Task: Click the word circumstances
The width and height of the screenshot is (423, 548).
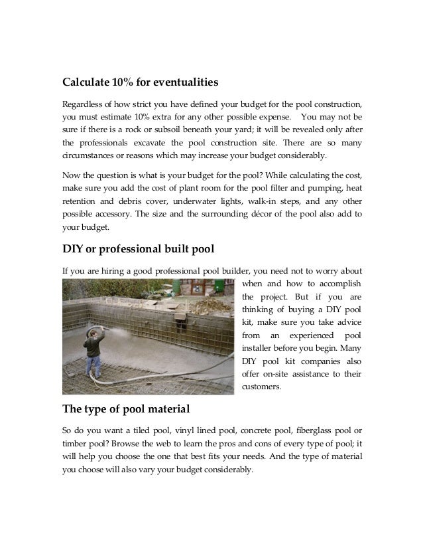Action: (x=94, y=155)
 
